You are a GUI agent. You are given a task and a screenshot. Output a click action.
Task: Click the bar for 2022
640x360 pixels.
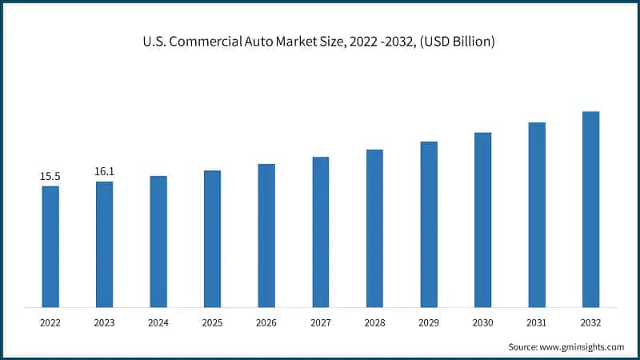50,246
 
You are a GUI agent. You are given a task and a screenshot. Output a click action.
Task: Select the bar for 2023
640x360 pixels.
104,244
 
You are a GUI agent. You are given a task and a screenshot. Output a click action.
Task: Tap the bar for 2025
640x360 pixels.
212,238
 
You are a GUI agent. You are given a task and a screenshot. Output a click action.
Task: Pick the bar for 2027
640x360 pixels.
320,232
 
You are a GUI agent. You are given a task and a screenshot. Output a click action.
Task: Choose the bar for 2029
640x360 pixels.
429,224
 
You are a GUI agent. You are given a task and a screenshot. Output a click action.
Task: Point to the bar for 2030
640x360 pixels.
482,219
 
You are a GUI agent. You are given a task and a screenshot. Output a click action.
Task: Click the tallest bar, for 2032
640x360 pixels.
590,209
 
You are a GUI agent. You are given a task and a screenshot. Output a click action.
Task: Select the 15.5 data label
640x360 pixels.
50,176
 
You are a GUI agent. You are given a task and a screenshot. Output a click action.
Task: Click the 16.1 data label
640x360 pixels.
104,171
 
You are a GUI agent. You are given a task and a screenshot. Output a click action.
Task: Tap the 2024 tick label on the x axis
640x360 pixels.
158,323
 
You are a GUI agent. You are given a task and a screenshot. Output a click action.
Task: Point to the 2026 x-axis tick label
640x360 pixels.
266,323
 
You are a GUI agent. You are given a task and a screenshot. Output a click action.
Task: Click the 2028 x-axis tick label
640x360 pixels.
374,323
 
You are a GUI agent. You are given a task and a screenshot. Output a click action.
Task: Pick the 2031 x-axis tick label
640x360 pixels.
537,323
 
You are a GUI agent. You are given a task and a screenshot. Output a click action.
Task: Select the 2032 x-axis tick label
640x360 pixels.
590,323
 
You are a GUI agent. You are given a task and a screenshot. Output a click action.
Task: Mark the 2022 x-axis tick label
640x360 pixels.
50,323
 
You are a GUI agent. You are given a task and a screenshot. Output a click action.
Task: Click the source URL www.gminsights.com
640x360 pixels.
583,346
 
